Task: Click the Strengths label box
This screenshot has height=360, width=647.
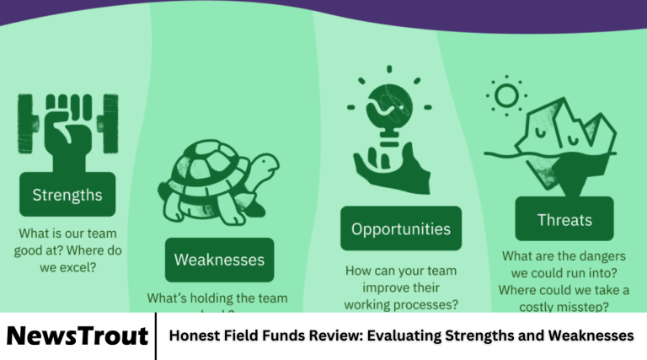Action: pos(67,196)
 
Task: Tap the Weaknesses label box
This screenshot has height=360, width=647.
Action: pos(219,260)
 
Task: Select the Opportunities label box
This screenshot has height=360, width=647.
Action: pos(401,228)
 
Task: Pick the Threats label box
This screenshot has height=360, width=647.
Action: pos(564,221)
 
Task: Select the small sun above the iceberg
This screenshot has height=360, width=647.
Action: pos(507,95)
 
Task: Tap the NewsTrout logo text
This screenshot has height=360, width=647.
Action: pos(78,336)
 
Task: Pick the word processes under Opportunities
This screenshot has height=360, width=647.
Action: pos(427,304)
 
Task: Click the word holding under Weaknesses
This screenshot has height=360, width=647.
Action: pos(209,298)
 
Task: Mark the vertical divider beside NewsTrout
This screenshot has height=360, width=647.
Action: pos(157,336)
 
